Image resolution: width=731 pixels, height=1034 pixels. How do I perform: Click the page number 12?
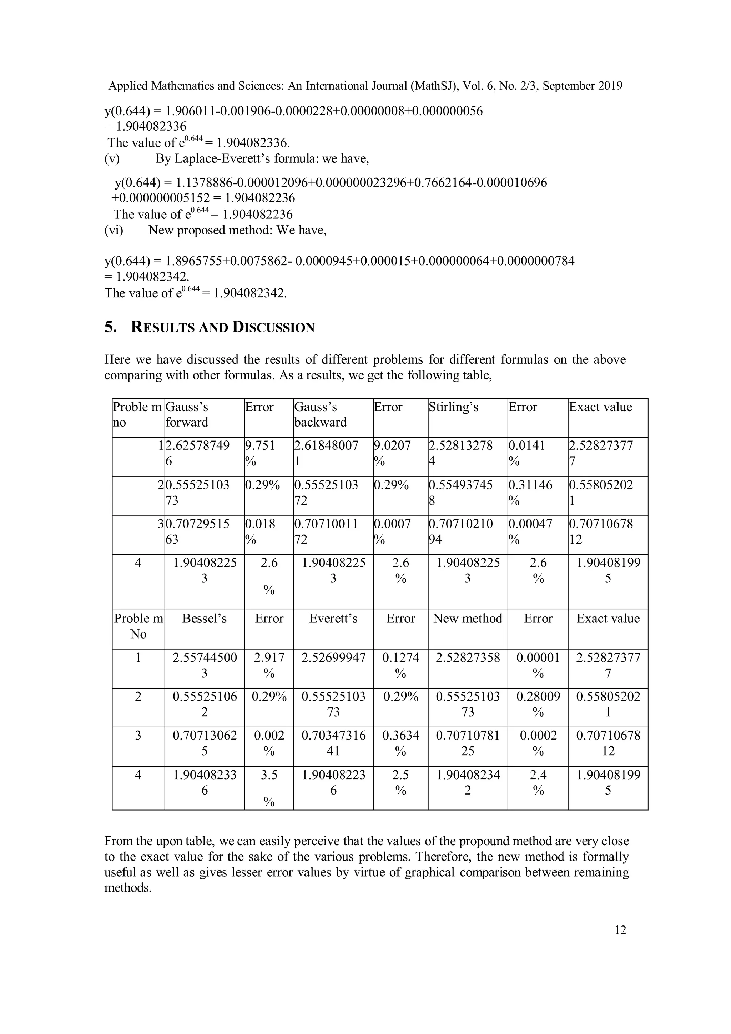(620, 929)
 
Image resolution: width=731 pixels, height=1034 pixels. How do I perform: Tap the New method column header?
(468, 619)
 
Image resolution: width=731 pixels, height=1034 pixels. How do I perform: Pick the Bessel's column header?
(204, 619)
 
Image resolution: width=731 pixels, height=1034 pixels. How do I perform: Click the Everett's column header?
(333, 619)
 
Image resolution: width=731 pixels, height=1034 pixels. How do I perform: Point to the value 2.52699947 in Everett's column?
(333, 658)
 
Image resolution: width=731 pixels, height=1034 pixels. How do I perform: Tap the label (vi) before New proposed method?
(114, 230)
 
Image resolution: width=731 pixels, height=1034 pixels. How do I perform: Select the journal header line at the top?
(365, 86)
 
